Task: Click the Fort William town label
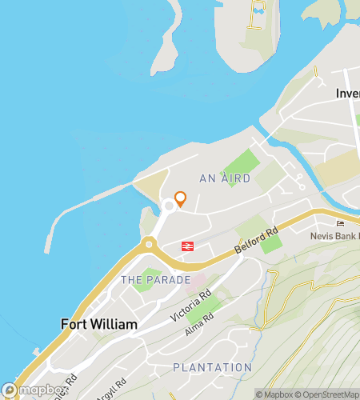(98, 325)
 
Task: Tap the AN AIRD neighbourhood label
(225, 178)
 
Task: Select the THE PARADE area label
(155, 280)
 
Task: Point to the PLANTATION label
(213, 367)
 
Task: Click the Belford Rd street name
(257, 240)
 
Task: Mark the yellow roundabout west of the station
(148, 245)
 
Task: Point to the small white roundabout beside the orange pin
(169, 207)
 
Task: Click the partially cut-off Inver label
(347, 93)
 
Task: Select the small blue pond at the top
(258, 10)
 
